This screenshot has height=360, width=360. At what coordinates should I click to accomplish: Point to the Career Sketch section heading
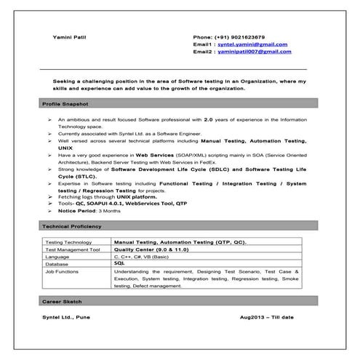pos(63,300)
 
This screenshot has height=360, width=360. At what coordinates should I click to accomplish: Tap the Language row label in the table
pos(57,257)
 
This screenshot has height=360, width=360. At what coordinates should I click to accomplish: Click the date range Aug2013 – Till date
pos(266,318)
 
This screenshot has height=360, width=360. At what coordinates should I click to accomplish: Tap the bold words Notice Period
pos(76,210)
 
